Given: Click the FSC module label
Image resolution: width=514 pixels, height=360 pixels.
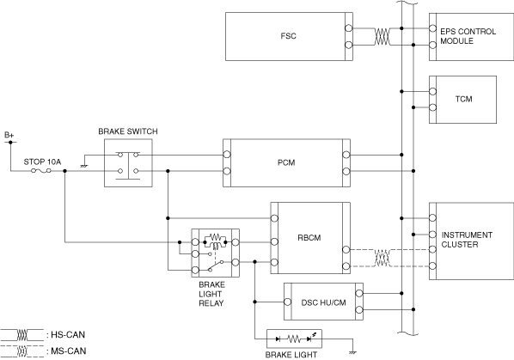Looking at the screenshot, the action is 288,36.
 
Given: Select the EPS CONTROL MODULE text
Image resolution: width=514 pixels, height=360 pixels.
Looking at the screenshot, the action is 468,36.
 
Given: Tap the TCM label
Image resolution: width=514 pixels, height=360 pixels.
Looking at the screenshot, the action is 463,99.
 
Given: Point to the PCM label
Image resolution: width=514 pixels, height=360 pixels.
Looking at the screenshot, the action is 286,162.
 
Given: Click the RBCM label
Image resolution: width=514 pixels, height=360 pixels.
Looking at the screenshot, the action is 309,237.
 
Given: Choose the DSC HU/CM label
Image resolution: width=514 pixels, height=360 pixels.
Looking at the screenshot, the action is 323,302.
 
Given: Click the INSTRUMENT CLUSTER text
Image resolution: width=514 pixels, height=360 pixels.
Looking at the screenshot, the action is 467,240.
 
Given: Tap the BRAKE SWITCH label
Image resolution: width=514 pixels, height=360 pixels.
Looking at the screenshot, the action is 128,131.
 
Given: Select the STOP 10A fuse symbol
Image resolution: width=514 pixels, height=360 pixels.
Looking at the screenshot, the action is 41,171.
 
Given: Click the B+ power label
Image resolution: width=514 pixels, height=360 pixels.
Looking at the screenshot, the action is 9,135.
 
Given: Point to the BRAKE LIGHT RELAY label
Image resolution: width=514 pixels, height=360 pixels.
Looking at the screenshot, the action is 211,294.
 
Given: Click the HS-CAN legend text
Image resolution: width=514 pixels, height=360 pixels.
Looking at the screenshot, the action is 68,335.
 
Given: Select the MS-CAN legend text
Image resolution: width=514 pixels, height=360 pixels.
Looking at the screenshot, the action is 69,351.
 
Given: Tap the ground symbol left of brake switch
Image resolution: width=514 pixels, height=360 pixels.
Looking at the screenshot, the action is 84,166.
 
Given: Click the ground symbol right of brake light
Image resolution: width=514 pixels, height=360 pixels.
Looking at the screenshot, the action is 353,352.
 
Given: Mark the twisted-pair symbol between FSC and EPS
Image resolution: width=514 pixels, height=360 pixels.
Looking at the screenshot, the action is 382,36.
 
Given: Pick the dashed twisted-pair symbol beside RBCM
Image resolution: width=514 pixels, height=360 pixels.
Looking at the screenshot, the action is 382,258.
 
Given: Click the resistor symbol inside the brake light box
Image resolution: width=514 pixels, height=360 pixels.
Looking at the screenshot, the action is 294,339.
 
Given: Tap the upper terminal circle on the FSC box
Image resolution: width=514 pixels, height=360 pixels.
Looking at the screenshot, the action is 349,28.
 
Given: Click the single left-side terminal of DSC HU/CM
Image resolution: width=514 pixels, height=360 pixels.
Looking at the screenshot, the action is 287,302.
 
